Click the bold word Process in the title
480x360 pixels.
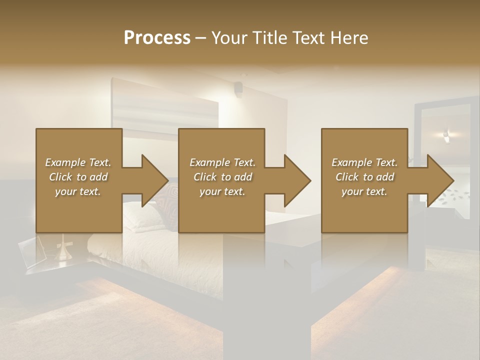[157, 37]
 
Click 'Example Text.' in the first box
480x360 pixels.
[78, 162]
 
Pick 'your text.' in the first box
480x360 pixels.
[78, 191]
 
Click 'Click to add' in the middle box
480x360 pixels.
[222, 177]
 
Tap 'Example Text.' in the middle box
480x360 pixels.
[222, 162]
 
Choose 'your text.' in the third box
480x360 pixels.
[364, 191]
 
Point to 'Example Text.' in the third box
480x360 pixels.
[364, 162]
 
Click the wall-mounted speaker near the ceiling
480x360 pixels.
[238, 89]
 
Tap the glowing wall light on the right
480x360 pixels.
[446, 133]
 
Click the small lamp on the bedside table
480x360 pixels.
[63, 250]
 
